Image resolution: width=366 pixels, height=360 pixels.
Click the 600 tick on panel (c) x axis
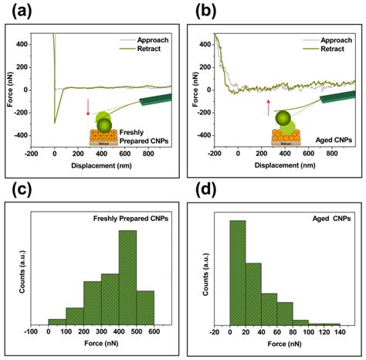(154, 332)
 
